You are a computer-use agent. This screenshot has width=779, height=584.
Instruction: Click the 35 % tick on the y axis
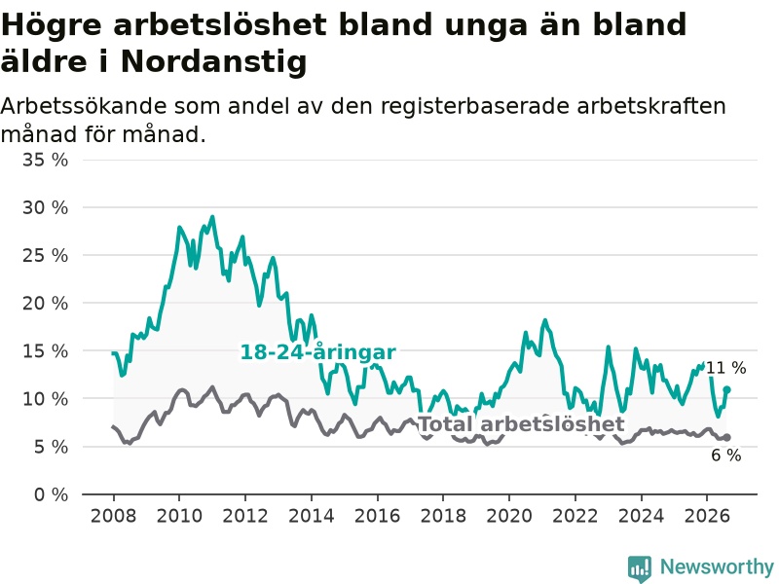tap(45, 160)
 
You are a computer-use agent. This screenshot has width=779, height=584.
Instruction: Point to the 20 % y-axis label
tap(45, 303)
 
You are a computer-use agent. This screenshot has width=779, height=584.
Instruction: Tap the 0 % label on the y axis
tap(51, 494)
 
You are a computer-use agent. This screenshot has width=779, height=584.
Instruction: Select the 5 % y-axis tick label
tap(51, 447)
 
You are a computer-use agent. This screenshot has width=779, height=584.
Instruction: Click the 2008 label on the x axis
tap(113, 516)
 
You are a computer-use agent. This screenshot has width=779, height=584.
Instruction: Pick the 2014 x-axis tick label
tap(311, 516)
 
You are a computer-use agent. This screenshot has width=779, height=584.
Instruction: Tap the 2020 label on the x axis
tap(508, 516)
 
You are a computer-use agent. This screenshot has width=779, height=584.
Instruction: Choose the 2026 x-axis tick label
tap(707, 516)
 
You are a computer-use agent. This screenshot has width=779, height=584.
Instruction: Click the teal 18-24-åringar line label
tap(318, 352)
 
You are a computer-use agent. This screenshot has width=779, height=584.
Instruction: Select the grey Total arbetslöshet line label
tap(521, 424)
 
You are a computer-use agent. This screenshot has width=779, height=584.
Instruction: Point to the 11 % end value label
tap(725, 368)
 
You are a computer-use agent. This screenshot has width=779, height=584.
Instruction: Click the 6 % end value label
tap(725, 456)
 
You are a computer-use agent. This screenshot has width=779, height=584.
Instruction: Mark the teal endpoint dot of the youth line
tap(726, 390)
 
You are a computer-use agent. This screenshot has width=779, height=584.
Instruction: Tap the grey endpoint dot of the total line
tap(726, 437)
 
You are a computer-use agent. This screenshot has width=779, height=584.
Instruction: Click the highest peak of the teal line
tap(212, 217)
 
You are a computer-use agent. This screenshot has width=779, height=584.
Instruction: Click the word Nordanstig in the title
tap(213, 61)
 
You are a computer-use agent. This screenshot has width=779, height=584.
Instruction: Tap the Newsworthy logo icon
tap(640, 568)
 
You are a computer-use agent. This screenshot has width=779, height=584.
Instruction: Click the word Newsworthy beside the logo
tap(717, 566)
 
